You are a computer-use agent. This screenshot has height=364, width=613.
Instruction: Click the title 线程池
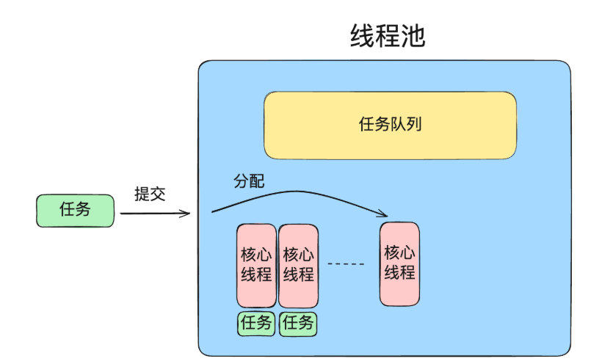pyautogui.click(x=388, y=36)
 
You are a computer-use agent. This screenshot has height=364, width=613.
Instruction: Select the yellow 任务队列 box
pyautogui.click(x=390, y=125)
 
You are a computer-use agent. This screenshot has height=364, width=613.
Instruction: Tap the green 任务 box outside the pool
pyautogui.click(x=76, y=210)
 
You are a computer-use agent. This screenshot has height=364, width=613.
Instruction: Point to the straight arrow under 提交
pyautogui.click(x=154, y=214)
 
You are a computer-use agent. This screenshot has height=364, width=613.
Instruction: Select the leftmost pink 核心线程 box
pyautogui.click(x=256, y=265)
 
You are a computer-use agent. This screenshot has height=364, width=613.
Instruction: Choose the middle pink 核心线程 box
pyautogui.click(x=298, y=265)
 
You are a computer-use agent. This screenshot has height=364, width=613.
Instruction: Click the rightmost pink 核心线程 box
pyautogui.click(x=399, y=263)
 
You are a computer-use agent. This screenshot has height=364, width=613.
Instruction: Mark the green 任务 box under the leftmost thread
pyautogui.click(x=256, y=324)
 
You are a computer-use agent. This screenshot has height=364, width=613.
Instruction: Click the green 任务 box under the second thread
pyautogui.click(x=298, y=324)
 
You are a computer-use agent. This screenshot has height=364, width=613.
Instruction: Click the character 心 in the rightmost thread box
pyautogui.click(x=407, y=253)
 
